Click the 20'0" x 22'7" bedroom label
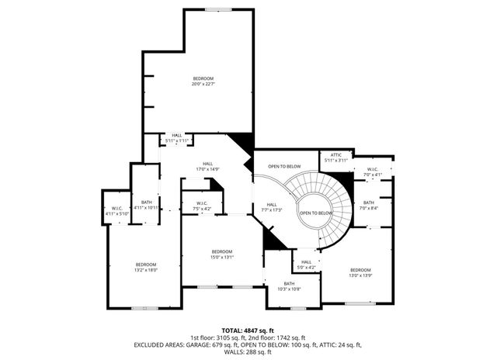203,81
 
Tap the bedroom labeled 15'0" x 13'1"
222,254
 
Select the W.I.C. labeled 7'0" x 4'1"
373,172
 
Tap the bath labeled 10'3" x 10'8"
289,286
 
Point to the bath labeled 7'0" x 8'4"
369,205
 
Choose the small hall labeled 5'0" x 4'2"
307,265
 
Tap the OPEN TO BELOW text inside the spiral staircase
316,213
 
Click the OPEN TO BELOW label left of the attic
284,167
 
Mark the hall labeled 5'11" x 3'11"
177,138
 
